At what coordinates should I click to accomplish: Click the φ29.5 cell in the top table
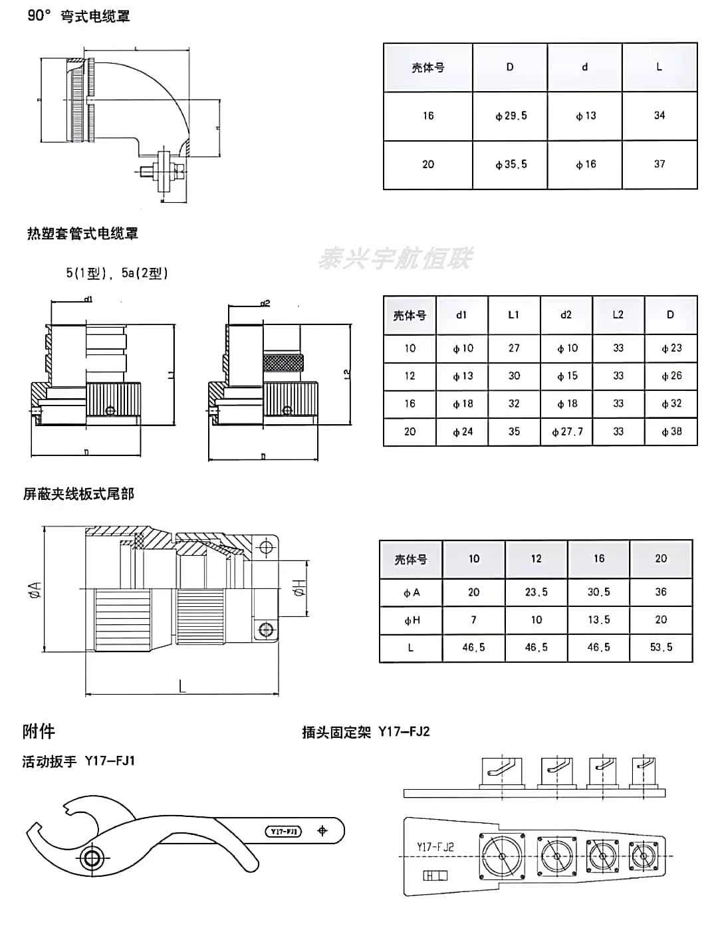tap(511, 116)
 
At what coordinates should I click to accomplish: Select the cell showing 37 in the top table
tap(659, 164)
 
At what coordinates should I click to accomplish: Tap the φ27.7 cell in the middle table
tap(566, 431)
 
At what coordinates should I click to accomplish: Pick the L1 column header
tap(513, 314)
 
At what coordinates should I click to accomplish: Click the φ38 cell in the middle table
tap(671, 431)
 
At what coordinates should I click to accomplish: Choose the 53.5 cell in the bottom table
tap(661, 647)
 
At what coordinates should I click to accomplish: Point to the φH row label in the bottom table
tap(412, 620)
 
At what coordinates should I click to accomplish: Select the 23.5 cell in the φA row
tap(536, 592)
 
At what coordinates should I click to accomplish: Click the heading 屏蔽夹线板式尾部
tap(78, 494)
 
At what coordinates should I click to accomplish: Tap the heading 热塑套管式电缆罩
tap(82, 233)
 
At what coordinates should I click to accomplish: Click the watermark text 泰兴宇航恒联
tap(395, 258)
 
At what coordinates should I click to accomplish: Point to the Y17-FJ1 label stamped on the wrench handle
tap(284, 831)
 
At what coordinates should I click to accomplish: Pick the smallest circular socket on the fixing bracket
tap(643, 854)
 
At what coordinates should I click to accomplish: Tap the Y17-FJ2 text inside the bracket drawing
tap(435, 846)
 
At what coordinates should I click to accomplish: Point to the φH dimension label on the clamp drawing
tap(299, 588)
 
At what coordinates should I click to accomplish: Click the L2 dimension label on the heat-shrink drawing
tap(346, 374)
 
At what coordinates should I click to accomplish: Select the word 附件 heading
tap(39, 731)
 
